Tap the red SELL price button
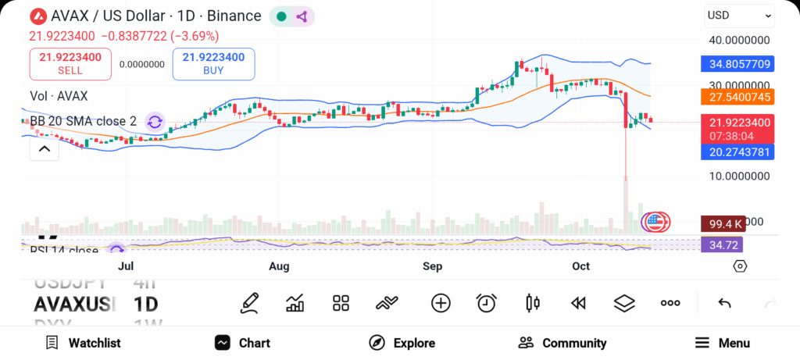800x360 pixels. click(70, 63)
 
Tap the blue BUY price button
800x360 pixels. click(213, 63)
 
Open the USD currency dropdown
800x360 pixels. click(738, 15)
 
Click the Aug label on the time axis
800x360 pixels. click(279, 266)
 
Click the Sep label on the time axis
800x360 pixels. click(432, 266)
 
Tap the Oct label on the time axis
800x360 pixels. click(580, 266)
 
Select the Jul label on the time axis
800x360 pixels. click(126, 266)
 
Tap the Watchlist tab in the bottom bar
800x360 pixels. click(83, 343)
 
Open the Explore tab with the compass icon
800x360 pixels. click(402, 343)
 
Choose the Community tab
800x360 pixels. click(562, 343)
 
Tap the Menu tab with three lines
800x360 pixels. click(723, 343)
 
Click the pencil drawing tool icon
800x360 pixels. click(250, 303)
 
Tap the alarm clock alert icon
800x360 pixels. click(487, 303)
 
